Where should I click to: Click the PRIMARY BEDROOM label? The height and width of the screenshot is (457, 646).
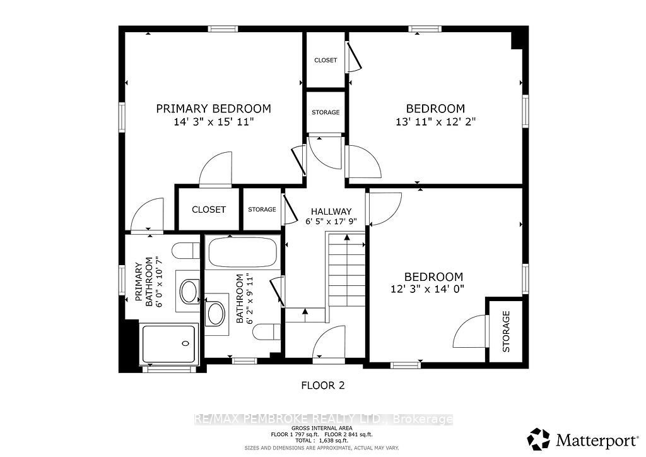click(x=213, y=109)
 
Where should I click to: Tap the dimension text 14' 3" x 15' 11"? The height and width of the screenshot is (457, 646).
click(x=213, y=122)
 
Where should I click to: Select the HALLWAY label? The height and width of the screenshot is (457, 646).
click(x=331, y=211)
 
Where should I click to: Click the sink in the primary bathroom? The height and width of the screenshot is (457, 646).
click(x=189, y=292)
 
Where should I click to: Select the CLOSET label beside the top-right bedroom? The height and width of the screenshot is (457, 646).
click(x=326, y=60)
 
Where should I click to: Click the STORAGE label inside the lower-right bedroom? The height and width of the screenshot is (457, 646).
click(x=507, y=332)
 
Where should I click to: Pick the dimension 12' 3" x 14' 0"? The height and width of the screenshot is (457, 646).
click(x=427, y=289)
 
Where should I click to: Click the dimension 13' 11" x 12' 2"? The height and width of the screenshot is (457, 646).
click(x=435, y=122)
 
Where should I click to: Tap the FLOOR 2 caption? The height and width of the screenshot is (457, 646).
click(x=323, y=386)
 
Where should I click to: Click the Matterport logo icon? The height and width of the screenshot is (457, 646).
click(x=539, y=439)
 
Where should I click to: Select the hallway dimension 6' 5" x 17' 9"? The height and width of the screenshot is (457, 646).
click(x=331, y=222)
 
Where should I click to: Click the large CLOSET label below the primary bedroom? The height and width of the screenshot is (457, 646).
click(x=209, y=210)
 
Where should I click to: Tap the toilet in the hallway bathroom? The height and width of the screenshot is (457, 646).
click(x=267, y=332)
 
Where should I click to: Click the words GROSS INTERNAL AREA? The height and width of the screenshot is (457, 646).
click(x=322, y=429)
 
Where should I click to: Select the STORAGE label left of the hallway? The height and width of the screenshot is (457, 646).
click(x=262, y=210)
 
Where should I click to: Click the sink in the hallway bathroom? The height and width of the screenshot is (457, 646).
click(x=216, y=314)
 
